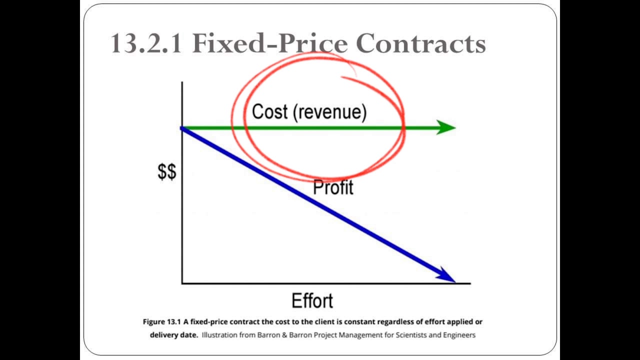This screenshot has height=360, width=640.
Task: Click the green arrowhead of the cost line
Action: [445, 127]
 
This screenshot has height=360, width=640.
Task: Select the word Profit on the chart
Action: [333, 187]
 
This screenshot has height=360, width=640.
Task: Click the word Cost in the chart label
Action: [270, 111]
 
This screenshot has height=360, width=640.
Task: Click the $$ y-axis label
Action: [167, 172]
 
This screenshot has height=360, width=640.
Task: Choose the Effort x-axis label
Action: [312, 301]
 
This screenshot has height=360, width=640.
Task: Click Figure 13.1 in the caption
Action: [161, 322]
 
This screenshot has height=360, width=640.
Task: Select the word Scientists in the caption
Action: [406, 335]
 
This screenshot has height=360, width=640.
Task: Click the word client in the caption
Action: [296, 322]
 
